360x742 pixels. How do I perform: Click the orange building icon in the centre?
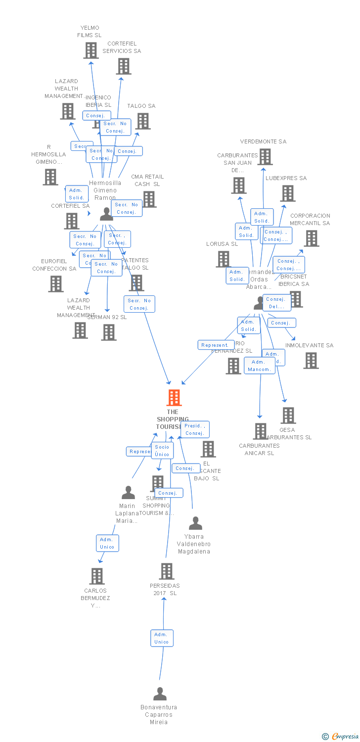pyautogui.click(x=174, y=398)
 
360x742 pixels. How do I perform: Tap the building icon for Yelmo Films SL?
pyautogui.click(x=91, y=50)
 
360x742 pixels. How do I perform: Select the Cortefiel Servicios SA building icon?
pyautogui.click(x=124, y=66)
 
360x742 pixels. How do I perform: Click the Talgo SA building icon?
pyautogui.click(x=143, y=121)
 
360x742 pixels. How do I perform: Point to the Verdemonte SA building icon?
pyautogui.click(x=265, y=157)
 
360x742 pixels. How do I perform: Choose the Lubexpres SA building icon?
pyautogui.click(x=288, y=193)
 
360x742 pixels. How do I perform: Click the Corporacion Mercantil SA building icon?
pyautogui.click(x=311, y=238)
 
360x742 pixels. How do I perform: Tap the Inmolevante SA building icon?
pyautogui.click(x=311, y=361)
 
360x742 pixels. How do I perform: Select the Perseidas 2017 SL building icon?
pyautogui.click(x=167, y=571)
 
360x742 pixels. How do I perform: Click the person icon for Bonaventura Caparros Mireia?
pyautogui.click(x=160, y=694)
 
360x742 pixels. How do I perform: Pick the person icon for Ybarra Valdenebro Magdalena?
pyautogui.click(x=196, y=523)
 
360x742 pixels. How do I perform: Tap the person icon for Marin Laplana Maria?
pyautogui.click(x=129, y=493)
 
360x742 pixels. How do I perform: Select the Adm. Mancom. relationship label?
pyautogui.click(x=259, y=366)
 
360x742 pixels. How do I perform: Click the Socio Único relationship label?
pyautogui.click(x=162, y=451)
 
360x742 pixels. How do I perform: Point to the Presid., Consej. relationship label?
pyautogui.click(x=195, y=429)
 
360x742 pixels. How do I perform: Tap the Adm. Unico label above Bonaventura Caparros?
pyautogui.click(x=162, y=638)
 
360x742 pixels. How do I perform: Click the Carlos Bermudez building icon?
pyautogui.click(x=97, y=576)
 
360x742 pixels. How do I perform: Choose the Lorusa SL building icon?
pyautogui.click(x=224, y=259)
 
